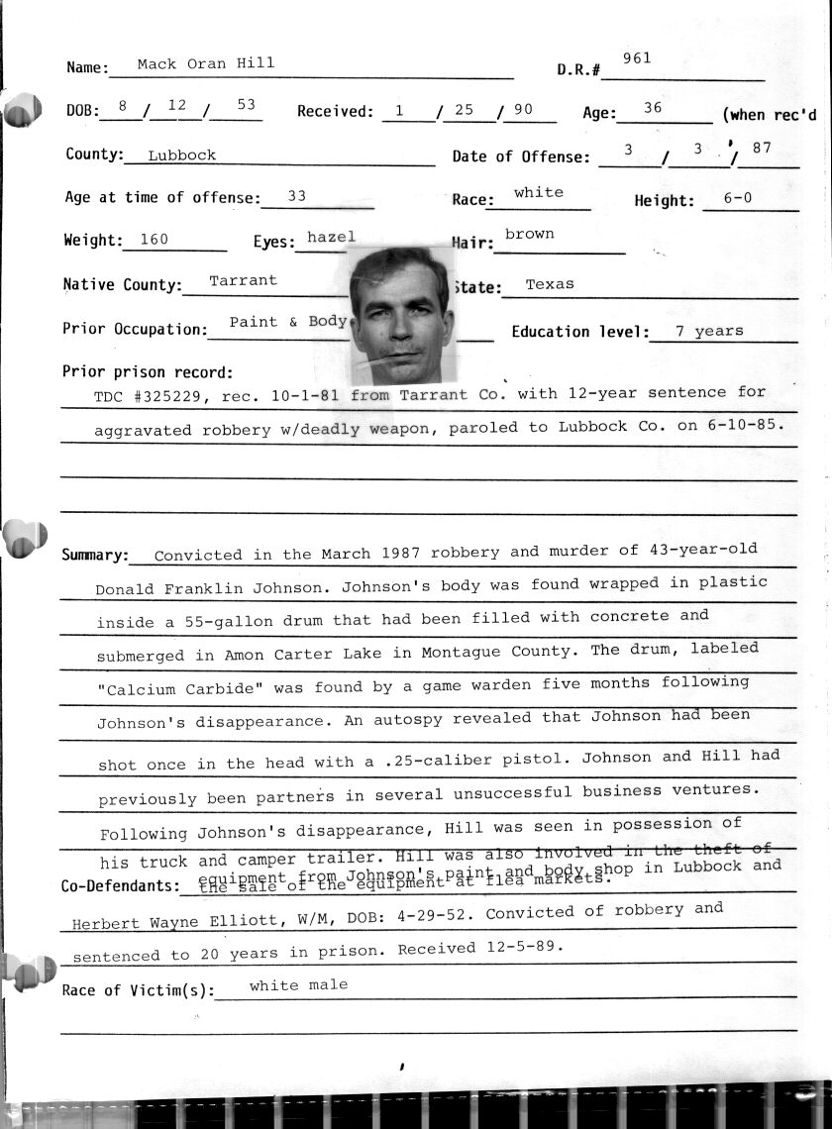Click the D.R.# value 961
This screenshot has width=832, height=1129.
point(637,58)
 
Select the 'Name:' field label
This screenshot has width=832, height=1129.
point(87,67)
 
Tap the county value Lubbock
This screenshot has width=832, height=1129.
point(181,155)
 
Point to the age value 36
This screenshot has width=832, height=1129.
point(652,108)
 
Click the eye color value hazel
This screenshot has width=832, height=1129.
point(331,238)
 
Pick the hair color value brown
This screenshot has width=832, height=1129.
point(529,235)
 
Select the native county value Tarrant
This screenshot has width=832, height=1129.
point(243,280)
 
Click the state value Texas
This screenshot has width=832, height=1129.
point(550,284)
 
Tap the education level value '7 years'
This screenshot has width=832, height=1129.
point(708,332)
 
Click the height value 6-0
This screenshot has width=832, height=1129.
point(738,198)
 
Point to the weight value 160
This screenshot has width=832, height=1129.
point(155,239)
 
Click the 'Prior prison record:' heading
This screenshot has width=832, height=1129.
point(148,372)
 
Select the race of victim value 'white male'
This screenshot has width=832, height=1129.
point(298,985)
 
